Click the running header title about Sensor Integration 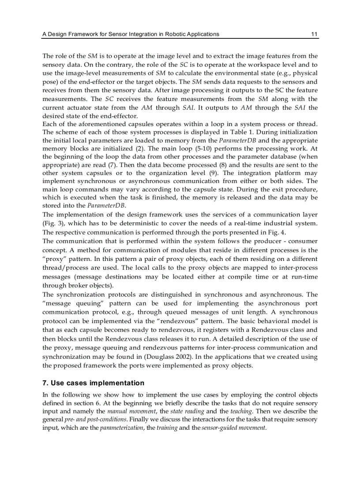point(131,34)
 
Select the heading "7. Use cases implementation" point(93,383)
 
